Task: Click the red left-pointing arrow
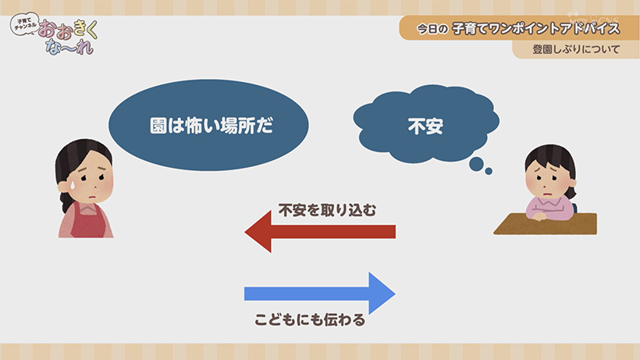(x=320, y=232)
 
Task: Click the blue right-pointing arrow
(x=320, y=294)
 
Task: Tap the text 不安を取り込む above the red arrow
(x=327, y=210)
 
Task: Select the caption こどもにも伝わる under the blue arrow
(x=310, y=320)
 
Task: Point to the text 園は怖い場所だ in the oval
(x=212, y=126)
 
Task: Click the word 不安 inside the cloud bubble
(x=425, y=127)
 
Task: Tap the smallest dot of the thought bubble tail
(x=489, y=172)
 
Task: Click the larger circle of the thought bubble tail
(x=476, y=164)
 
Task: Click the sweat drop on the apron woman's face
(x=72, y=185)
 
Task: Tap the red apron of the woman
(x=87, y=221)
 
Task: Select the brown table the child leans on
(x=546, y=223)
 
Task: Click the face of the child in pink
(x=548, y=178)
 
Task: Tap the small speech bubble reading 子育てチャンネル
(x=25, y=23)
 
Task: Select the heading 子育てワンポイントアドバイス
(x=536, y=29)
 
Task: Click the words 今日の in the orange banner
(x=432, y=29)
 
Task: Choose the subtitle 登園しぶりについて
(x=576, y=49)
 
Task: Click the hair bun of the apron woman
(x=64, y=201)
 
